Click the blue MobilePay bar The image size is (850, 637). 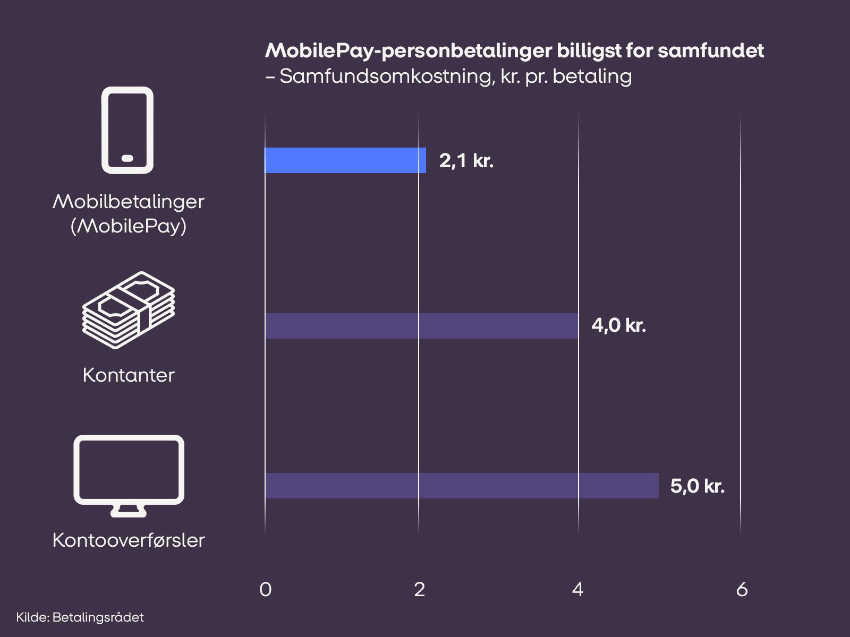coord(345,160)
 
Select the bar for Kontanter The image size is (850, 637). coord(421,326)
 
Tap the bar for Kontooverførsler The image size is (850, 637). coord(461,486)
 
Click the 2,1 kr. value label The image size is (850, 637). coord(466,160)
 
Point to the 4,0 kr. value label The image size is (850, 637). coord(618,325)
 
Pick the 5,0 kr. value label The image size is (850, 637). coord(697,486)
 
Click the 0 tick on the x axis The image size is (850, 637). coord(266,589)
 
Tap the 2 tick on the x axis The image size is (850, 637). coord(420,589)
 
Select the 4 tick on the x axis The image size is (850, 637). coord(578,589)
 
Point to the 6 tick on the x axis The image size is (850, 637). coord(742,589)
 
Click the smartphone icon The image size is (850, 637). coord(127,130)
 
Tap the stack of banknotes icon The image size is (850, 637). coord(129,310)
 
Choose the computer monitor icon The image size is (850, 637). coord(129,475)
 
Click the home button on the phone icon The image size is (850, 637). coord(127,158)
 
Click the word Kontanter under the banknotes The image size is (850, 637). coord(129,375)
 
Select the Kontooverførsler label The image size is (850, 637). coord(129,540)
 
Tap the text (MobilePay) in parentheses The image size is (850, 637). coord(129,226)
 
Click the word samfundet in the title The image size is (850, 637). coord(711,51)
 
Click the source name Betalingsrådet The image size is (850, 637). coord(98,617)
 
